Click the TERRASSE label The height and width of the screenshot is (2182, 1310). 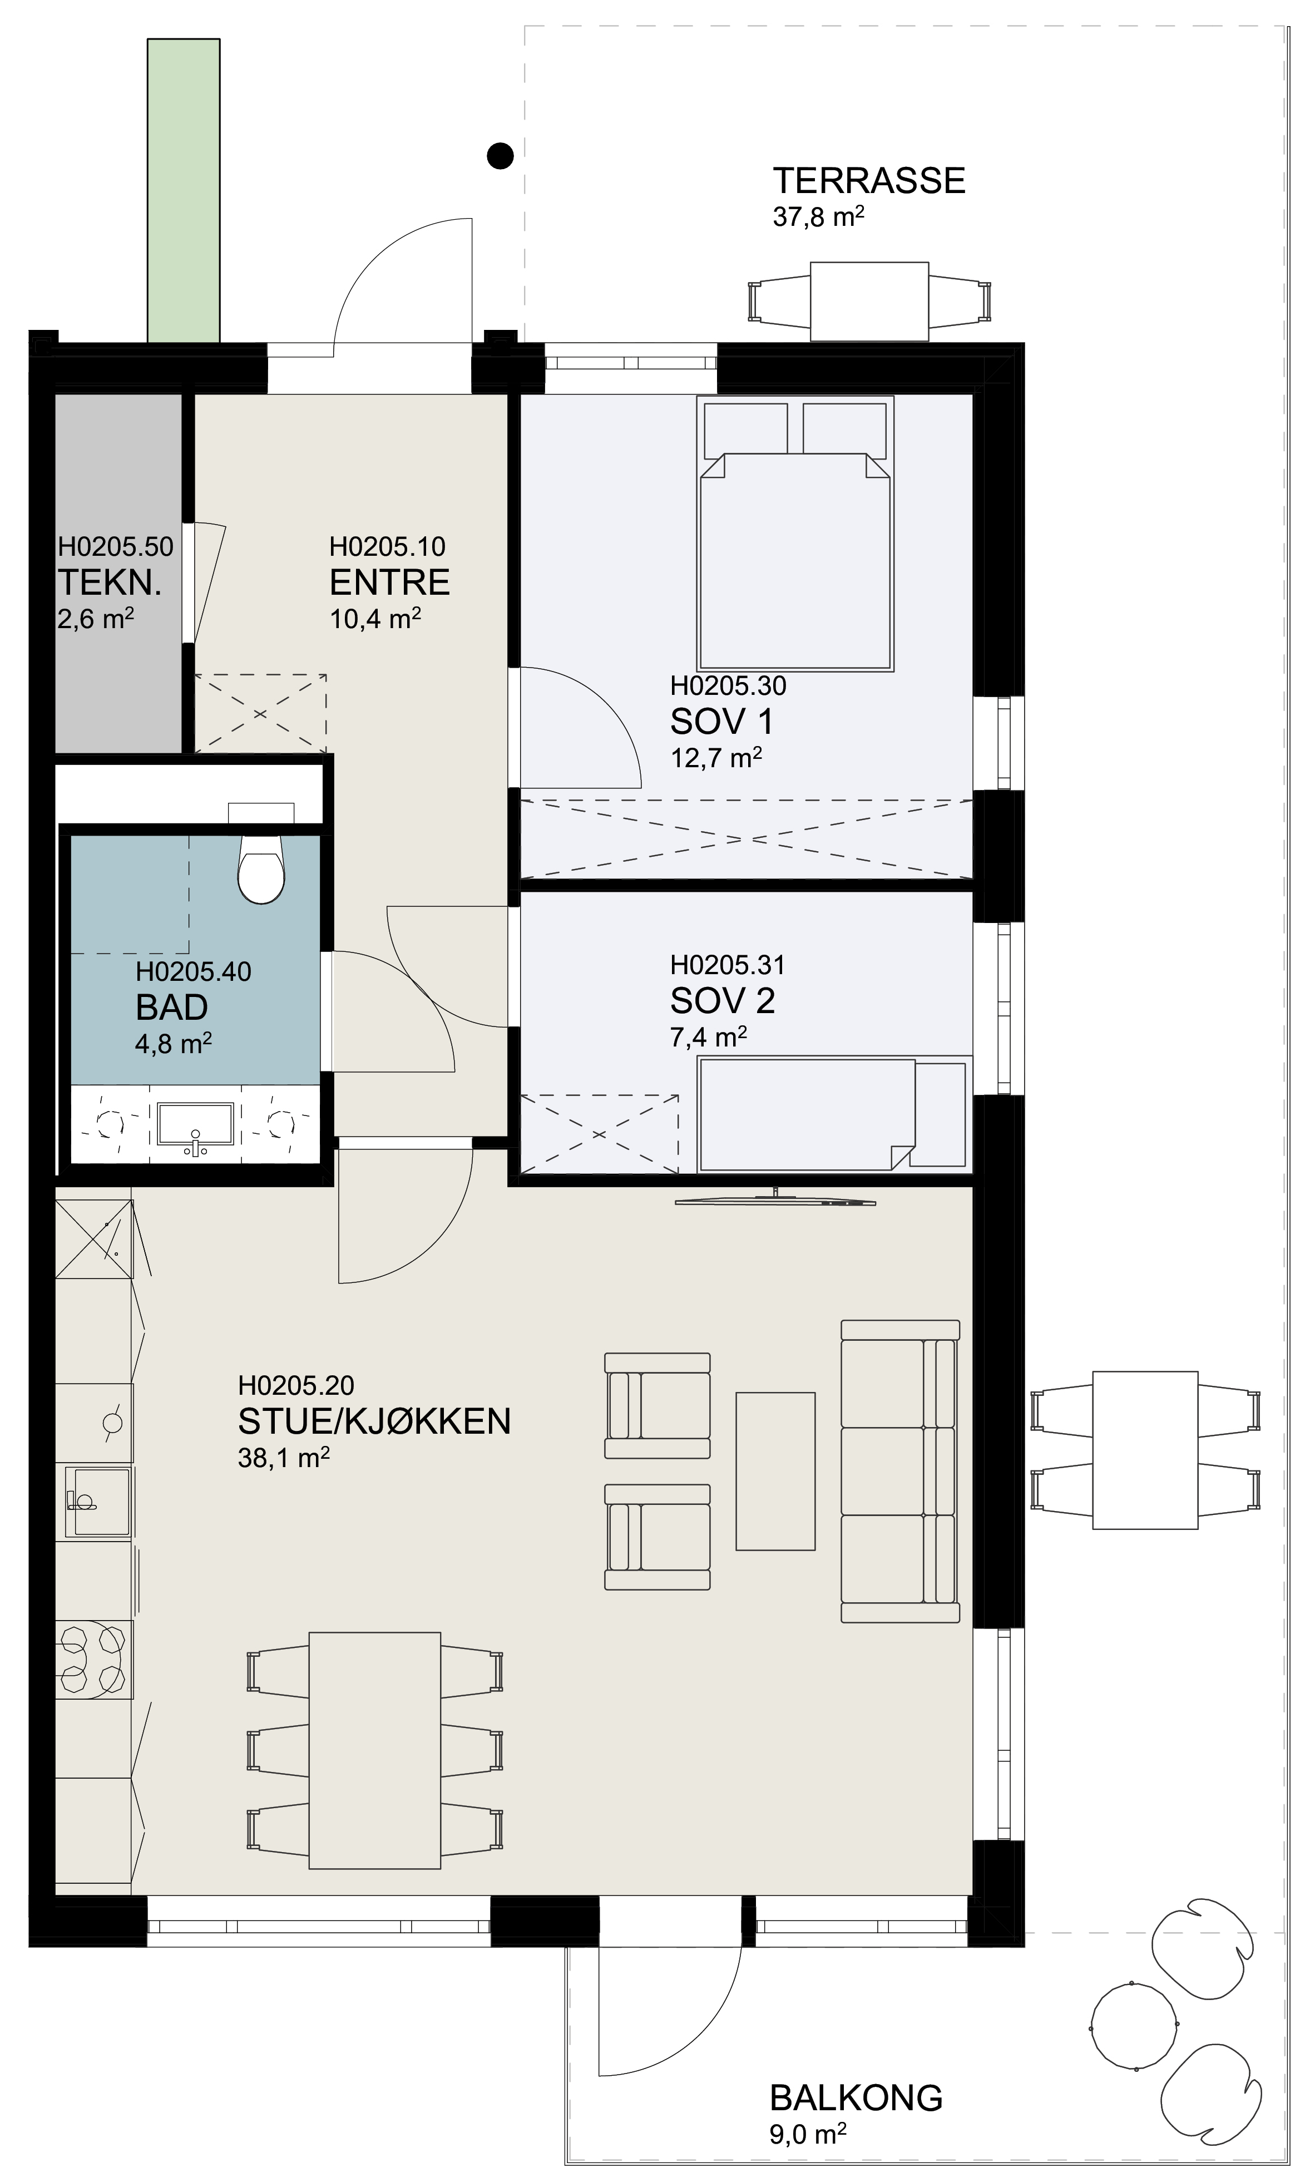[x=869, y=180]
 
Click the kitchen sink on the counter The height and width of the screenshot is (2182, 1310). [x=95, y=1502]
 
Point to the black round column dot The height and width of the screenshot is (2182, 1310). [x=501, y=156]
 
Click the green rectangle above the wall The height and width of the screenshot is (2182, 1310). [x=184, y=190]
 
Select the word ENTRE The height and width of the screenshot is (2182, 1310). [x=389, y=582]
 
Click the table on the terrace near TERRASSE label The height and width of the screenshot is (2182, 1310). [x=869, y=301]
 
